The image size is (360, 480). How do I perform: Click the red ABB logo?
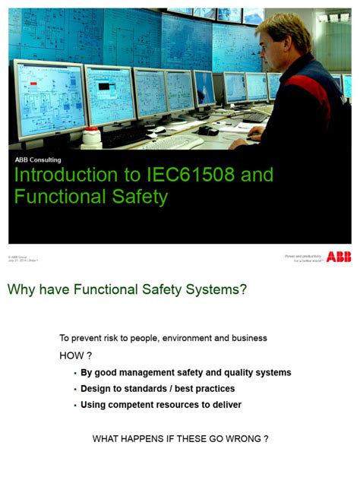coord(339,257)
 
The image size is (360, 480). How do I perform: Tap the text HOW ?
coord(75,355)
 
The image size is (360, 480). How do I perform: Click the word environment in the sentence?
coord(192,338)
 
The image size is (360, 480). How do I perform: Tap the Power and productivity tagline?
coord(304,257)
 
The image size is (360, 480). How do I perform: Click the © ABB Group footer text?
coord(17,257)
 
